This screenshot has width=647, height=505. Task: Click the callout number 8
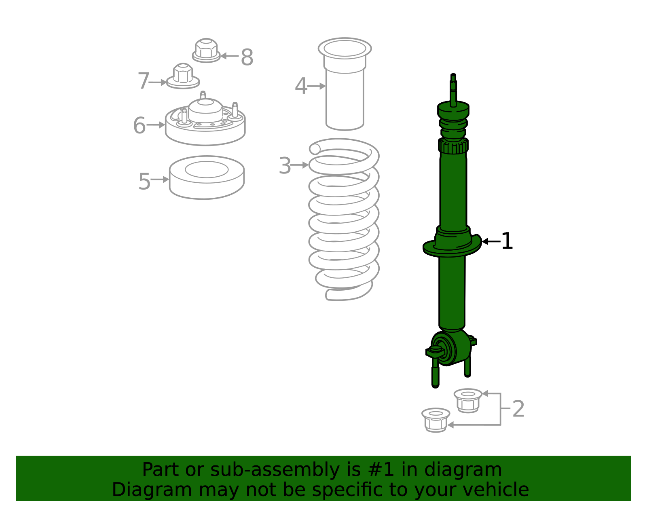(247, 57)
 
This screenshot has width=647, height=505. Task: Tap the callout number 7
(144, 81)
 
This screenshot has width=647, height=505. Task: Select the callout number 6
(139, 125)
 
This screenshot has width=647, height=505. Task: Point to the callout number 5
(144, 182)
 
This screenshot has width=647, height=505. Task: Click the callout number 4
(301, 87)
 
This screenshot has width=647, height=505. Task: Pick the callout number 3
(285, 166)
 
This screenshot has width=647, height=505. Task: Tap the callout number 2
(518, 409)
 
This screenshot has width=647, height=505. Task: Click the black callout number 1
(507, 241)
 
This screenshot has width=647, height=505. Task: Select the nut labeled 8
(206, 51)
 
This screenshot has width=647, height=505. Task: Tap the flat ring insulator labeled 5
(207, 177)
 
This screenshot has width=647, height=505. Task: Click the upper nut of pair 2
(468, 400)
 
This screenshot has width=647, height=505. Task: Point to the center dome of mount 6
(205, 107)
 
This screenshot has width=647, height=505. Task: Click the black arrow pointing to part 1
(491, 241)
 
